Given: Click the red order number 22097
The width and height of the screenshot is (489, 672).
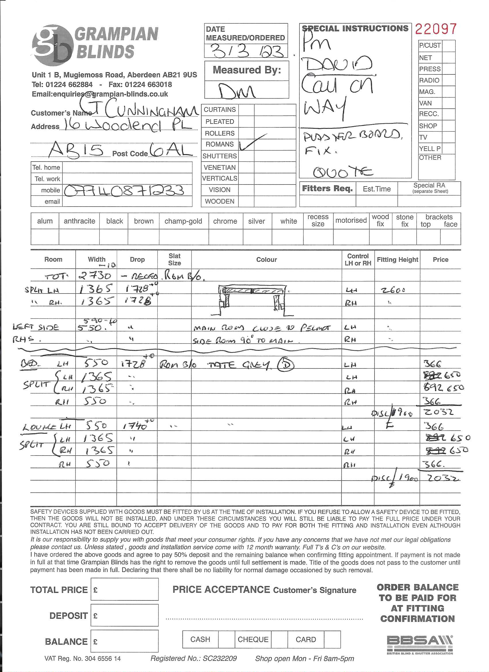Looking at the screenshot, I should point(435,29).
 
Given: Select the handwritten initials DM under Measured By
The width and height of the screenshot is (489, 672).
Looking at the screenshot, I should point(237,90).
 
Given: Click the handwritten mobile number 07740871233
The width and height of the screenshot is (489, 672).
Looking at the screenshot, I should point(124,191).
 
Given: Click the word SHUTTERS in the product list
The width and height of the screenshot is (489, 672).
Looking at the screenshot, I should point(219,156).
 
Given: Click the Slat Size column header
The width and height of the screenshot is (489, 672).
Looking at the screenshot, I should point(174,259).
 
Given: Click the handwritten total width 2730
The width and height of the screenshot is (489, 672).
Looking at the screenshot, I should point(95,276).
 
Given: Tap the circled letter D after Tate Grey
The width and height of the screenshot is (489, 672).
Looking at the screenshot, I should point(286,365).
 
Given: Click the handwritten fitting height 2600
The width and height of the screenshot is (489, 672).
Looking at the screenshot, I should point(393,290).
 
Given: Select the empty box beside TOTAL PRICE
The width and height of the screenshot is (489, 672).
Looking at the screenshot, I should point(125,590).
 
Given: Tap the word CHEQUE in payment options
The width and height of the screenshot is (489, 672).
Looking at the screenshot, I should point(253,640).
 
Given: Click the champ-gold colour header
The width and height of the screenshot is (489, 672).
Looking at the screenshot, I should point(183,221).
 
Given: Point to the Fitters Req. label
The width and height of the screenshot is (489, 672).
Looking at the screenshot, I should point(327,189).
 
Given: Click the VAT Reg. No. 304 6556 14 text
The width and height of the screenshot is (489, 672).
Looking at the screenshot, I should point(83,658).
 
